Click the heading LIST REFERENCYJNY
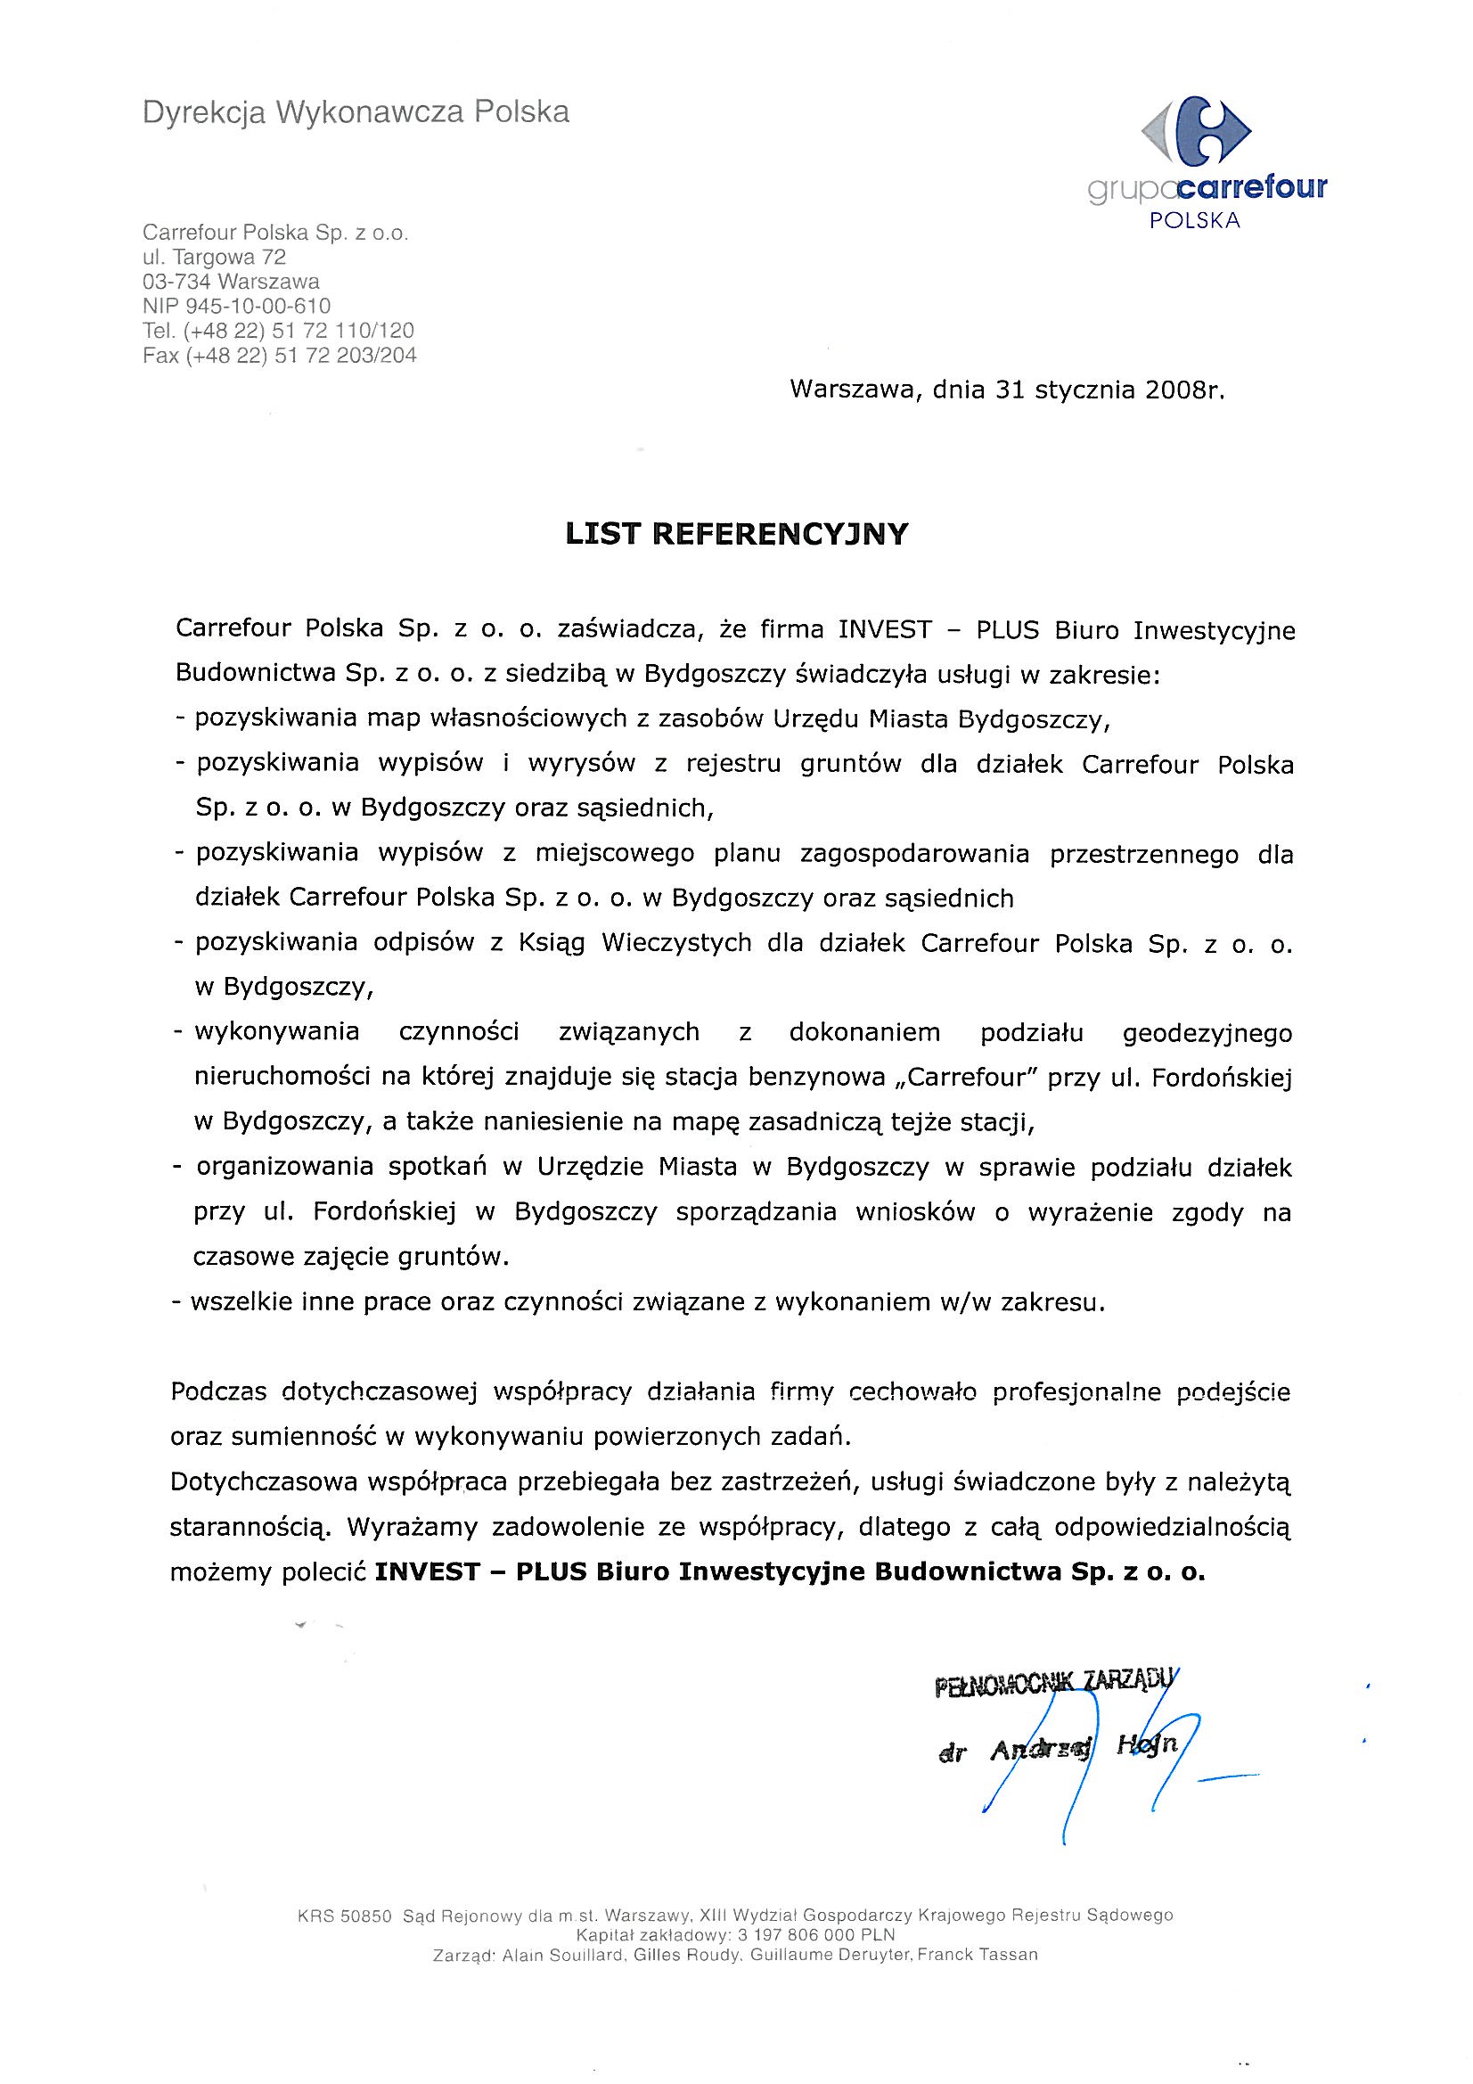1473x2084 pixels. pyautogui.click(x=736, y=534)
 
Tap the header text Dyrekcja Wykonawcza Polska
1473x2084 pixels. pyautogui.click(x=356, y=112)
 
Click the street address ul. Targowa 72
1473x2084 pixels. pyautogui.click(x=214, y=257)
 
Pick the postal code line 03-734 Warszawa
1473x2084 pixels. pyautogui.click(x=231, y=282)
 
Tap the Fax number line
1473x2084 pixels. pyautogui.click(x=280, y=355)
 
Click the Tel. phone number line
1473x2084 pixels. pyautogui.click(x=278, y=331)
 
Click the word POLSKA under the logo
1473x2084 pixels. pyautogui.click(x=1194, y=220)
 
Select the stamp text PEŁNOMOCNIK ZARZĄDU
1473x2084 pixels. pyautogui.click(x=1054, y=1683)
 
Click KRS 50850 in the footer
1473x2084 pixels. pyautogui.click(x=344, y=1917)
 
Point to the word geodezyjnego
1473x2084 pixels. pyautogui.click(x=1207, y=1033)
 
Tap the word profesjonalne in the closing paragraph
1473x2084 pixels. pyautogui.click(x=1076, y=1391)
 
